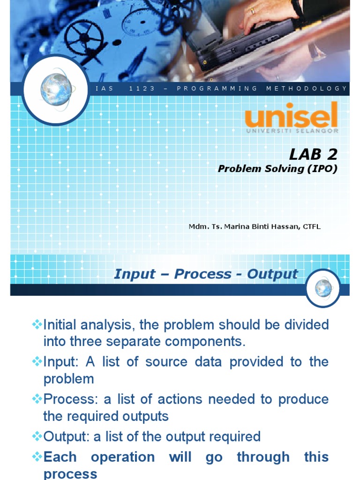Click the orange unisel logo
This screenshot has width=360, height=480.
click(291, 115)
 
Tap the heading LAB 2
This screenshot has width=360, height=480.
click(313, 154)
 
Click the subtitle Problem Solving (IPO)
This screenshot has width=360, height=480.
click(277, 169)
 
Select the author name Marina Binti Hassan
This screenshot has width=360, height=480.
click(256, 227)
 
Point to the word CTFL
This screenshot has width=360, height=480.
click(312, 227)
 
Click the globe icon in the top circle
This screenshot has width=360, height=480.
click(56, 89)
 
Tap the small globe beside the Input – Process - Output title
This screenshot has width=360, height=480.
click(323, 287)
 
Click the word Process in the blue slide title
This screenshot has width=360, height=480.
click(202, 274)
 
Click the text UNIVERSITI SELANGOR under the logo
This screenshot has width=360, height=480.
click(292, 131)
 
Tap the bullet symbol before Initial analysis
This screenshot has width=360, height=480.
click(37, 324)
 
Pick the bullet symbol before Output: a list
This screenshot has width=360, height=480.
click(37, 436)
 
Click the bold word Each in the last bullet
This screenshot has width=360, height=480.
click(60, 457)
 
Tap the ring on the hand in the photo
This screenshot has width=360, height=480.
click(253, 11)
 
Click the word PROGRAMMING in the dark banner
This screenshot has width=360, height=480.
click(217, 89)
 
